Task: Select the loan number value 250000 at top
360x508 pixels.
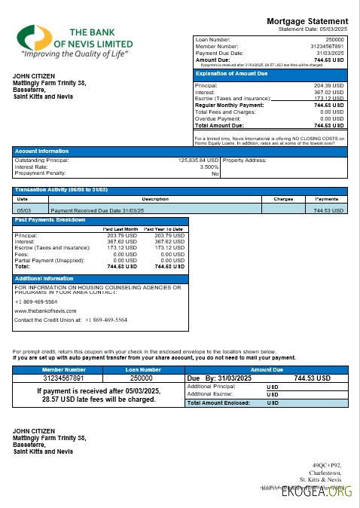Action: [334, 38]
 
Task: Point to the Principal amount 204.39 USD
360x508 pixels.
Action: [329, 87]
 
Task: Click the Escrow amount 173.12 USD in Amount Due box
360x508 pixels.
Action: [329, 99]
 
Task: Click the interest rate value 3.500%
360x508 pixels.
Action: [209, 167]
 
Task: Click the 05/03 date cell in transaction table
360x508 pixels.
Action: [23, 210]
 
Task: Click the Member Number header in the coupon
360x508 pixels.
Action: [64, 369]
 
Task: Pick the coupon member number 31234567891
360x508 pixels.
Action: [64, 378]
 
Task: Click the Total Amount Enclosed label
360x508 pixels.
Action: [218, 403]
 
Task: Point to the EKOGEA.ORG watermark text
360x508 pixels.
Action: [325, 493]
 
